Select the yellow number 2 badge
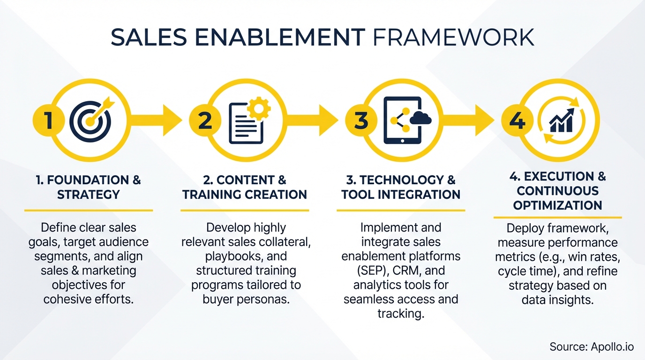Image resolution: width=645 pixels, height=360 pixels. click(x=205, y=121)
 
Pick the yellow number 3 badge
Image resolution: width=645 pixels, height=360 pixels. click(x=361, y=121)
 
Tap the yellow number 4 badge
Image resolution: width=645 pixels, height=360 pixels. click(x=517, y=121)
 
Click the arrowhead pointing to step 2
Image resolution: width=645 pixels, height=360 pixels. click(x=172, y=120)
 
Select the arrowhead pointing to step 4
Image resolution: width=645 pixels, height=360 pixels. click(x=484, y=120)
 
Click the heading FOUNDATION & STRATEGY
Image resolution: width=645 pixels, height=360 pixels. click(x=89, y=187)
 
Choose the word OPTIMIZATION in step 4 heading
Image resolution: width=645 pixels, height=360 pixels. click(x=557, y=205)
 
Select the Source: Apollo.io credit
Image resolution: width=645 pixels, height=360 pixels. click(x=592, y=347)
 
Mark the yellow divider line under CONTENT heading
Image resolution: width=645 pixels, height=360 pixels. click(x=245, y=210)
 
